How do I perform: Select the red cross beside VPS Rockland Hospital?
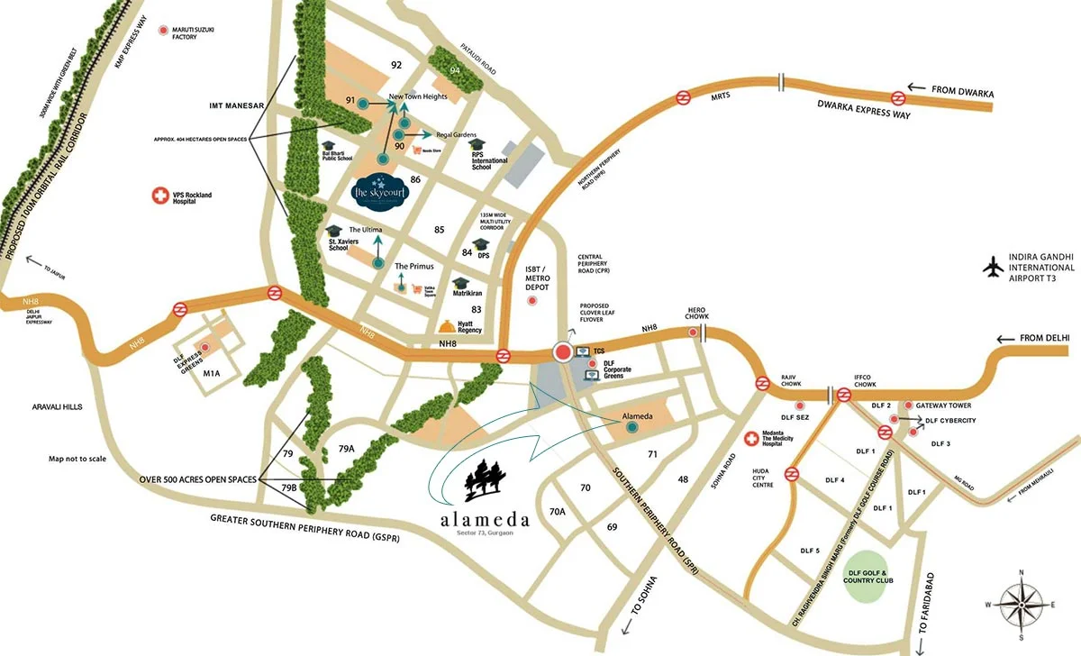[x=160, y=195]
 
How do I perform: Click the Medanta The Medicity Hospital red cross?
[x=751, y=439]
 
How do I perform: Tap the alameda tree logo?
[x=485, y=480]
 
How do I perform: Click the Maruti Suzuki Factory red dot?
[x=163, y=32]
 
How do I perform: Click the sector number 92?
[x=395, y=65]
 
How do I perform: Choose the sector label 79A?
[x=347, y=448]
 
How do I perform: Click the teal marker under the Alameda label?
[x=631, y=428]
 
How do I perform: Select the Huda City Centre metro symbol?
[x=791, y=474]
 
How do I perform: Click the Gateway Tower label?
[x=945, y=405]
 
